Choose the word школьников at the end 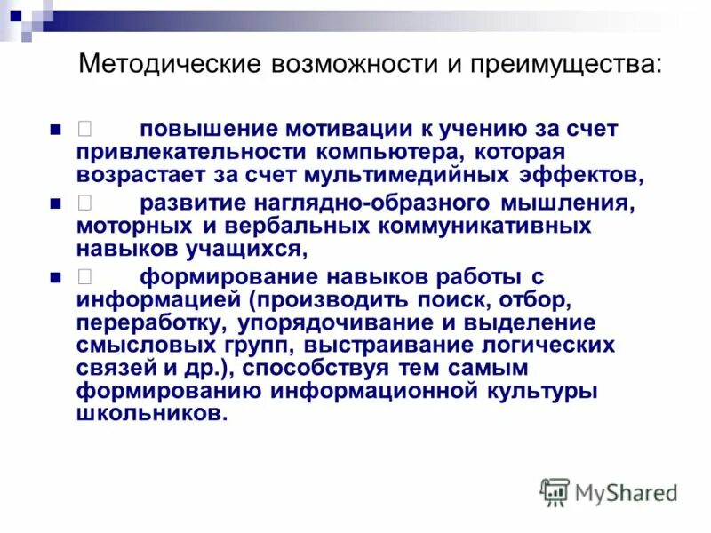click(146, 413)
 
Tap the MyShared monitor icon click(555, 491)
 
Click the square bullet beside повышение click(55, 130)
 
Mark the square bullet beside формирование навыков click(55, 276)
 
